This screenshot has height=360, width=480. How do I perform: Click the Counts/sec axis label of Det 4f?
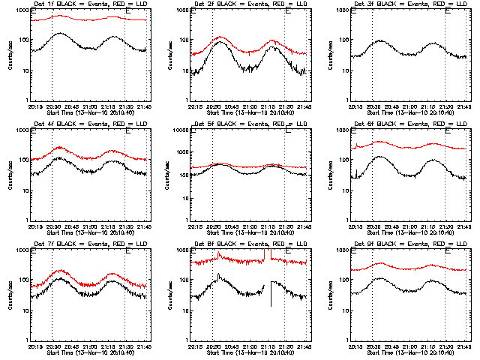click(x=10, y=175)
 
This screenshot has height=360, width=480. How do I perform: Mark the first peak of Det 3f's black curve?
click(x=380, y=40)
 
